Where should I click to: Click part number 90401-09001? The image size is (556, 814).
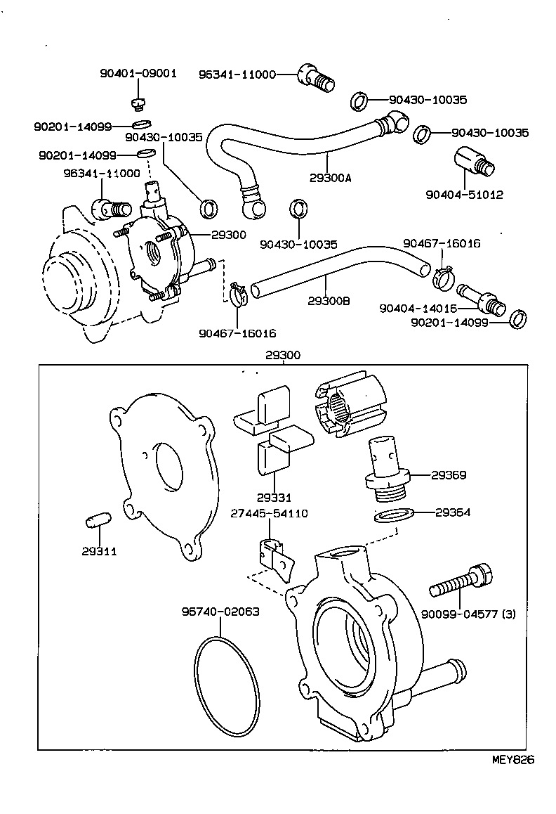pos(138,72)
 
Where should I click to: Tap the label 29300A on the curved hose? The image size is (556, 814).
pos(329,178)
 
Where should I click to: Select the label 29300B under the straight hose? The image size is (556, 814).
pos(329,301)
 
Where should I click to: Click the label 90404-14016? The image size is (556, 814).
pos(418,308)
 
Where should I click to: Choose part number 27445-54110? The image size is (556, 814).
pos(269,514)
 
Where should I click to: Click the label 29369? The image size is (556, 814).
pos(449,475)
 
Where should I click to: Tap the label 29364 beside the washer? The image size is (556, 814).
pos(453,512)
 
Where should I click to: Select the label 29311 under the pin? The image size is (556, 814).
pos(99,552)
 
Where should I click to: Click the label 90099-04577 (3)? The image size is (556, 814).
pos(468,614)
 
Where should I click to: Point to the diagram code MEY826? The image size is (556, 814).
pos(512,760)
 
